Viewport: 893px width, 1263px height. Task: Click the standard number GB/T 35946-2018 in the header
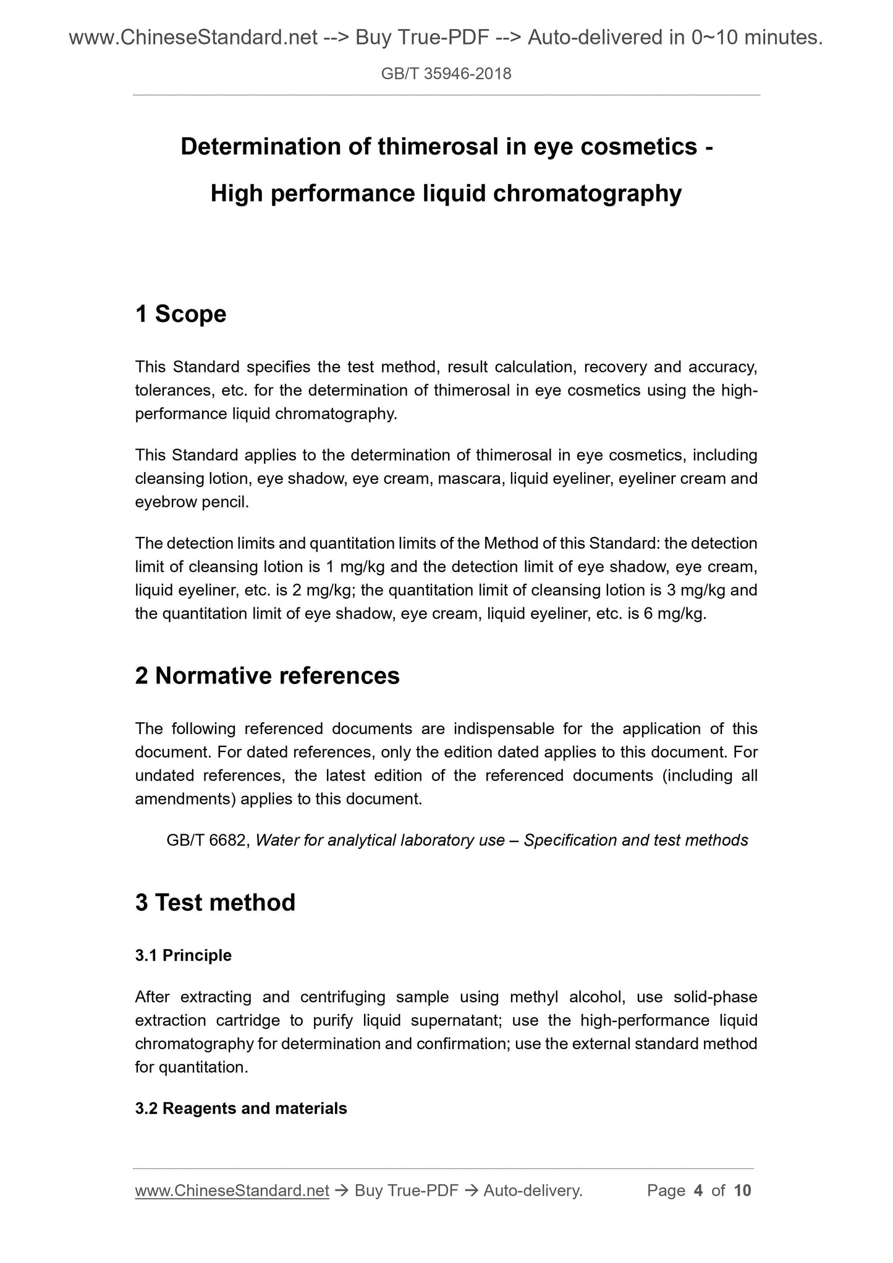coord(446,74)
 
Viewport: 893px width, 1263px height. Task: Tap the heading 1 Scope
coord(180,314)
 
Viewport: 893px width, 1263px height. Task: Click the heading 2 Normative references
coord(267,676)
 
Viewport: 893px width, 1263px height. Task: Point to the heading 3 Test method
coord(215,903)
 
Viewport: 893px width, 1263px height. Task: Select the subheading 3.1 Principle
coord(183,955)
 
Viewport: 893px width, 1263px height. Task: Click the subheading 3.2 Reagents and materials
coord(240,1109)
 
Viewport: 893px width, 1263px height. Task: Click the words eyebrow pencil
coord(191,502)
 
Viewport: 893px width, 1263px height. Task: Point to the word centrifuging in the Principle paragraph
coord(342,997)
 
